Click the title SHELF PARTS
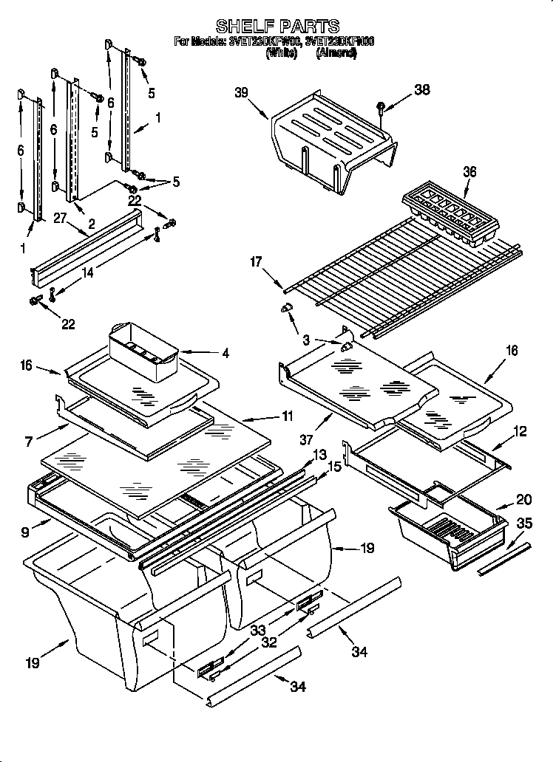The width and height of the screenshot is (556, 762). point(277,27)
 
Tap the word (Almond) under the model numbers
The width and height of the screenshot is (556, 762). point(336,54)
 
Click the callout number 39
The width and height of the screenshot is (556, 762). point(242,92)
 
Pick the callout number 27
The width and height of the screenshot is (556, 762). point(60,217)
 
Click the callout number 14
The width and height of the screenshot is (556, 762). point(87,272)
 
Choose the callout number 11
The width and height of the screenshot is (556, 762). point(287,416)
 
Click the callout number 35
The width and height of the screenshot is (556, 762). point(523,524)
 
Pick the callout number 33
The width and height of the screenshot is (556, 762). point(257,630)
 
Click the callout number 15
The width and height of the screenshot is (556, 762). point(334,467)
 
